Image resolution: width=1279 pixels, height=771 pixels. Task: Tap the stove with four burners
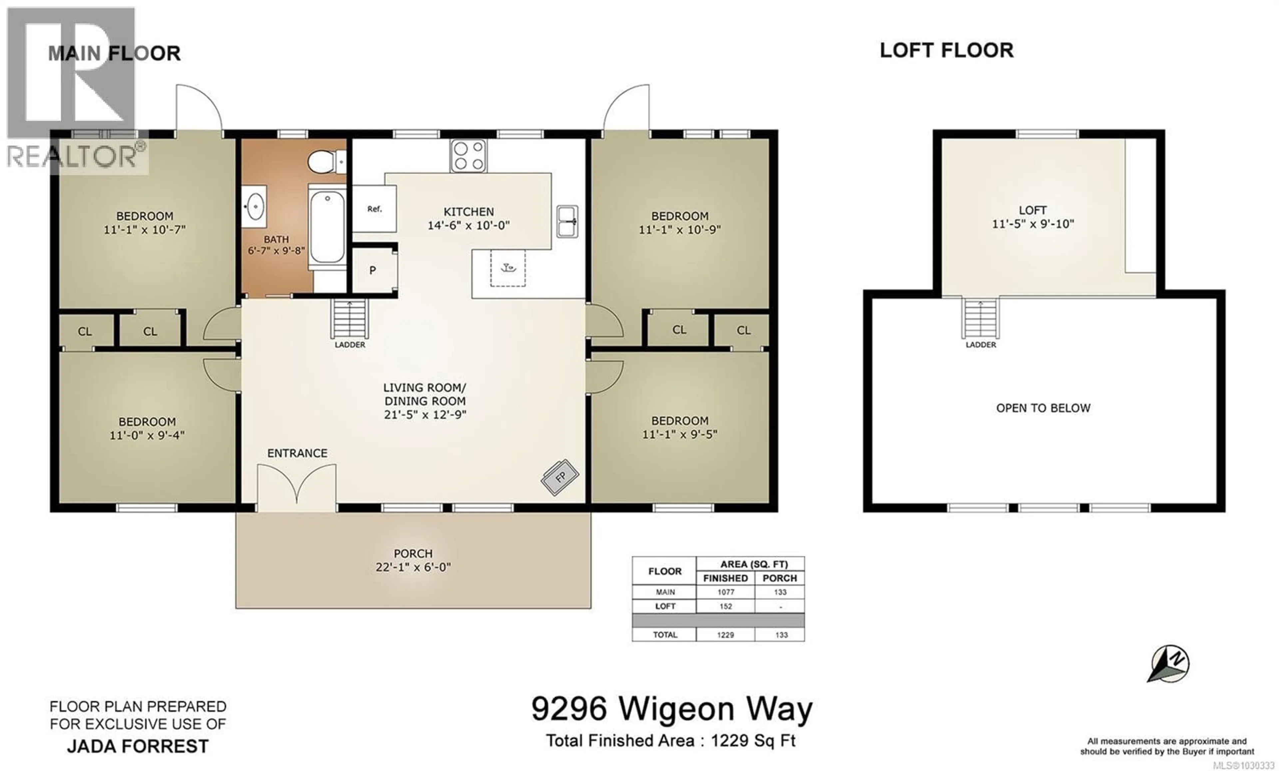(x=468, y=156)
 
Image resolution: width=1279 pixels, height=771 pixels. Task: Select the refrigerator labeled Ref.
(x=374, y=209)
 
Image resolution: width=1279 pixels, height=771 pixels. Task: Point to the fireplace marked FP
(x=560, y=477)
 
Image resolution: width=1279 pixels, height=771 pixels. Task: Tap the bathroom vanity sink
(x=254, y=206)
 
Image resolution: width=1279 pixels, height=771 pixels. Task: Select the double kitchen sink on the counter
(x=567, y=221)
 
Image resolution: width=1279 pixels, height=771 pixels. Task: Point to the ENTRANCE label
(x=297, y=453)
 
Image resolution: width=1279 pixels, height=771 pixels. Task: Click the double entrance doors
(x=296, y=484)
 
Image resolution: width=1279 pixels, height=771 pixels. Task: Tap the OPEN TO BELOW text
(x=1043, y=408)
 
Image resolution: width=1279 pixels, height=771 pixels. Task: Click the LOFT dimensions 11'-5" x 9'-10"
(x=1033, y=224)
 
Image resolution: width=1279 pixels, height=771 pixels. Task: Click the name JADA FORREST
(x=138, y=746)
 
